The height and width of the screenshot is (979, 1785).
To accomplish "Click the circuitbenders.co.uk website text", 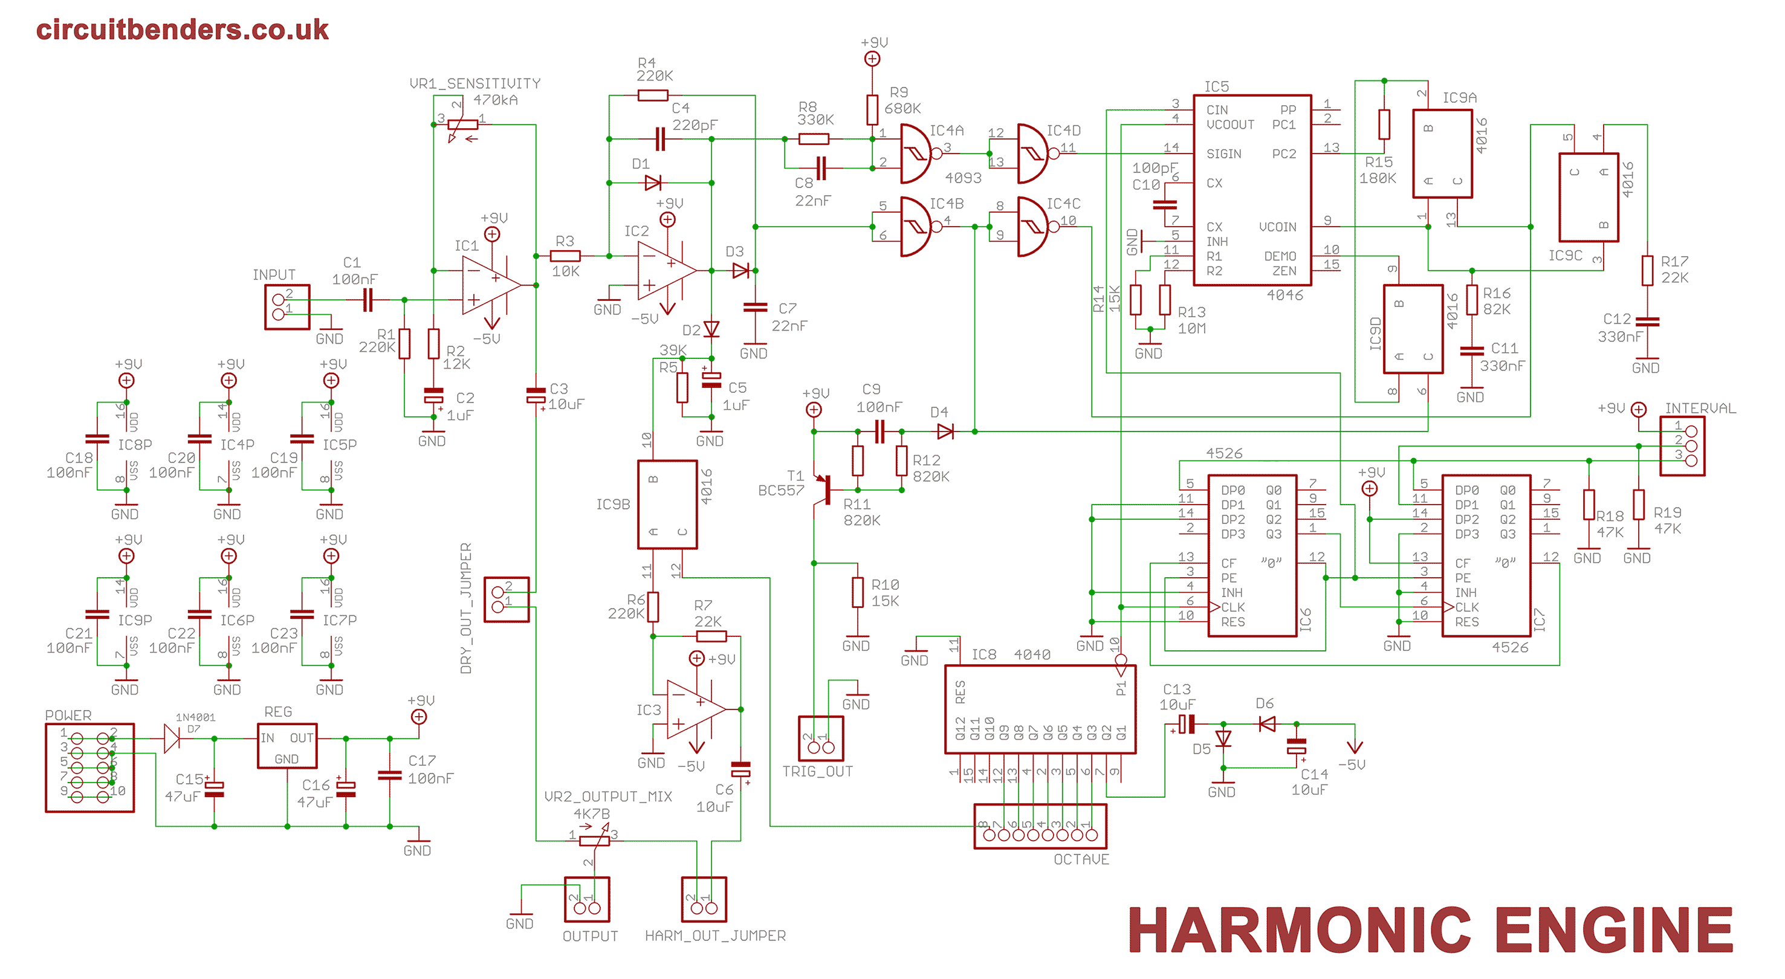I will tap(182, 30).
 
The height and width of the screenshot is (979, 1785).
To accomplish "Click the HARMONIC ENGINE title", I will tap(1430, 931).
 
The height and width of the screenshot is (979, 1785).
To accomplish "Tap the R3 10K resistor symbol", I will tap(565, 256).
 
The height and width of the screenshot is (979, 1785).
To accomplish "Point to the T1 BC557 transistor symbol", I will tap(824, 489).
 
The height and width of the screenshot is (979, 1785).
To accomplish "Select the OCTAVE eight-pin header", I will tap(1040, 827).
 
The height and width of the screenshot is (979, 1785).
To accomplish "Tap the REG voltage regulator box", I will tap(287, 746).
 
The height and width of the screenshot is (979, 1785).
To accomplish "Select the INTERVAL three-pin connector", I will tap(1682, 445).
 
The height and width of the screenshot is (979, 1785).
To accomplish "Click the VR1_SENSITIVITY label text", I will tap(475, 83).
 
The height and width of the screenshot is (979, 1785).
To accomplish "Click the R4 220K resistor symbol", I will tap(653, 95).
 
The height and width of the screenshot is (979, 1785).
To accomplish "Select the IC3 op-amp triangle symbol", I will tap(695, 709).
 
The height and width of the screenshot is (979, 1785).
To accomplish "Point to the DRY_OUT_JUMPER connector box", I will tap(507, 599).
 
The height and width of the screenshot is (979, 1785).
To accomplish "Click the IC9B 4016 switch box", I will tap(667, 505).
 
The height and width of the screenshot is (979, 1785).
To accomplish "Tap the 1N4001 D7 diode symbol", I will tap(171, 738).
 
